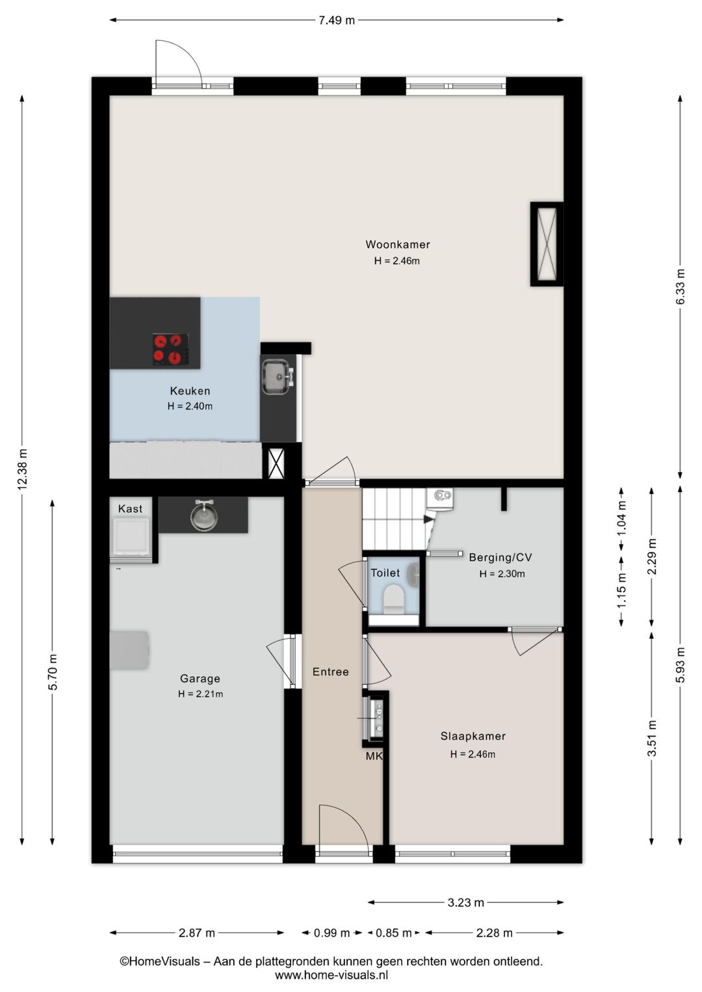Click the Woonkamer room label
397,244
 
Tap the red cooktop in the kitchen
171,350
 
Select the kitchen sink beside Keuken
278,376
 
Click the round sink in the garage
203,516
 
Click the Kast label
130,509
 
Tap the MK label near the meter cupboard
373,757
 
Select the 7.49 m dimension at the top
337,20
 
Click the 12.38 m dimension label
23,469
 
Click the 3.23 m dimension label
465,902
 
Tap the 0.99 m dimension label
331,933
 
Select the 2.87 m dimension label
197,933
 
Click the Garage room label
200,679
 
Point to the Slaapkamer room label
473,736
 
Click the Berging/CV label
500,557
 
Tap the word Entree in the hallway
330,672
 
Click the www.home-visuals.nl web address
331,974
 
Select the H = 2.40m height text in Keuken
190,406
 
